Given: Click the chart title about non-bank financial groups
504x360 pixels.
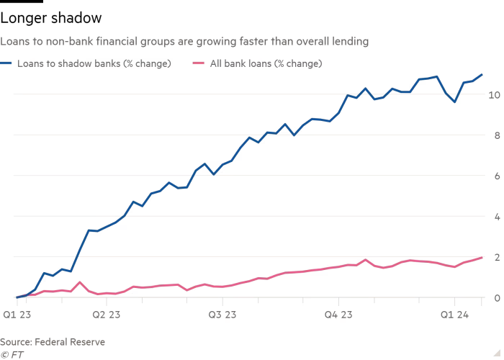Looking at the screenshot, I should coord(184,42).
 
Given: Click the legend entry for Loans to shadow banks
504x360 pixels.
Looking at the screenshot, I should coord(94,63).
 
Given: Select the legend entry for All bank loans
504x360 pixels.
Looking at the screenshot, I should coord(265,63).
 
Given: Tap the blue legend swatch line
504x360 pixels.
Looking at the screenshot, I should coord(8,63).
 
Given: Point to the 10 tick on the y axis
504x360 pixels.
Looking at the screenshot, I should coord(493,94).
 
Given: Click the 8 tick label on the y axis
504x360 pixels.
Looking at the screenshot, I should coord(496,135).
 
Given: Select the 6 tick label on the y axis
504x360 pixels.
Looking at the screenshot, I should coord(496,176).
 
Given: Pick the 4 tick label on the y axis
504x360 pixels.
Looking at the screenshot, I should coord(496,216).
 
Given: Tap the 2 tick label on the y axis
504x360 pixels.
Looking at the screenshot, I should coord(496,257).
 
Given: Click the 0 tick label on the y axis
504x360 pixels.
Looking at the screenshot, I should coord(496,297).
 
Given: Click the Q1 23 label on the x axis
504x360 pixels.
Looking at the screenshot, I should coord(15,315).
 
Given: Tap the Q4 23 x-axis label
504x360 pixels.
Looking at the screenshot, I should coord(338,315).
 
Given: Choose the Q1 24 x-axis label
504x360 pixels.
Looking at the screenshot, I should coord(454,315).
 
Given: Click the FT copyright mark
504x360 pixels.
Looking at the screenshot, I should coord(9,354).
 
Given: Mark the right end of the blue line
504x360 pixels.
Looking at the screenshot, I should coord(482,75).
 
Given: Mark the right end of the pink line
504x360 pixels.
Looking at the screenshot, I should coord(482,258).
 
